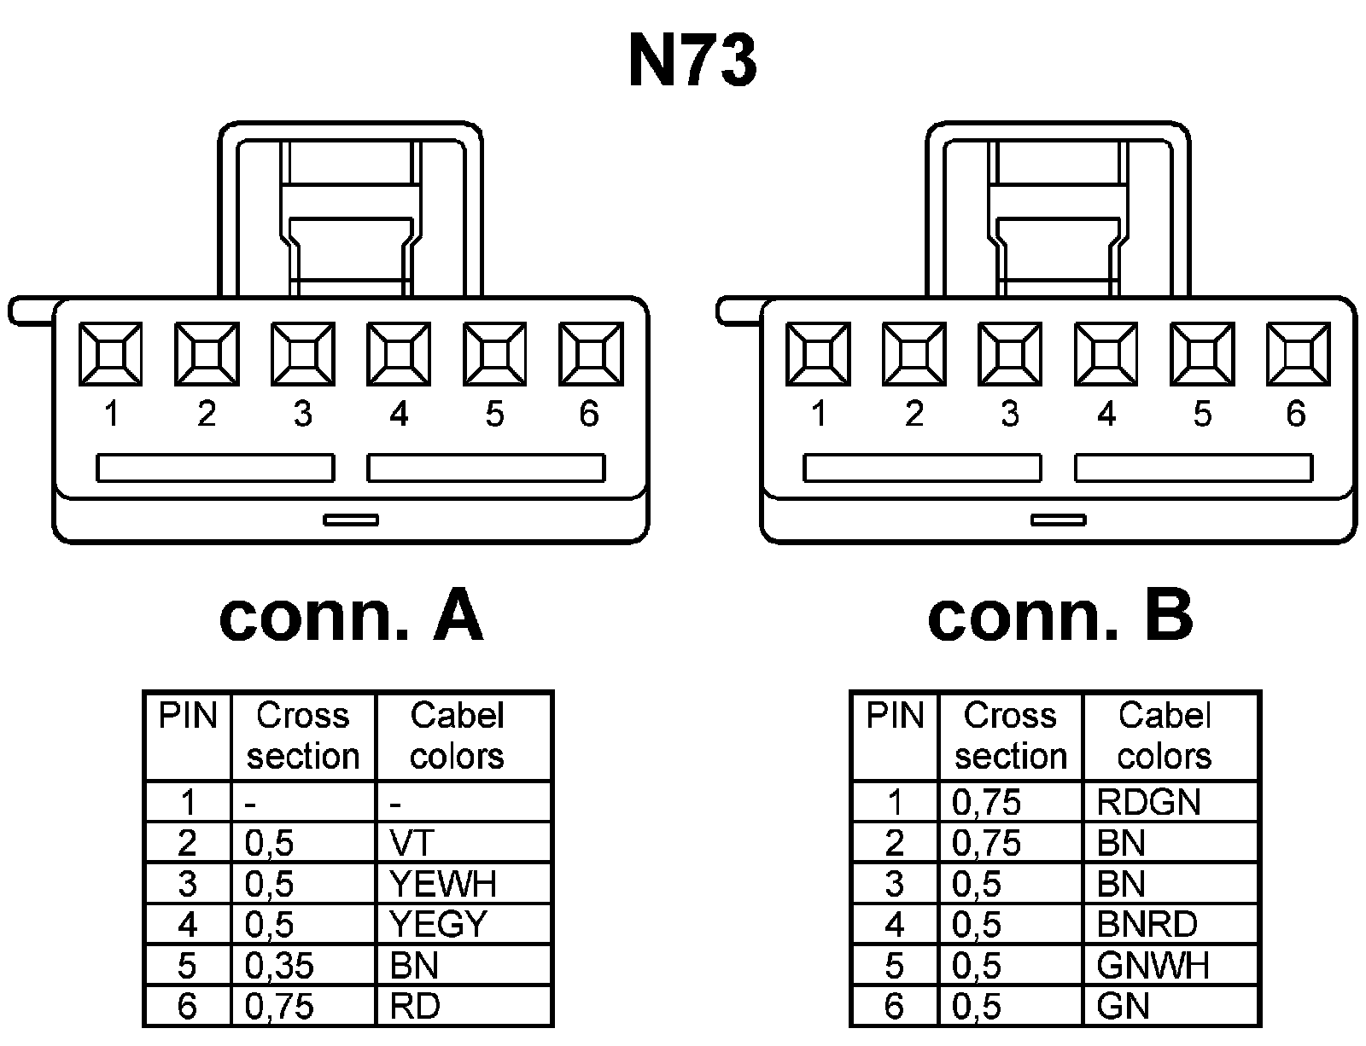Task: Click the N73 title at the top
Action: click(x=692, y=61)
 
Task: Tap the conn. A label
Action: click(x=351, y=616)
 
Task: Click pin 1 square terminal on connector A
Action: click(x=111, y=353)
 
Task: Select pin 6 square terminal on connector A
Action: click(x=590, y=353)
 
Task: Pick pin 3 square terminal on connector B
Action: click(x=1010, y=353)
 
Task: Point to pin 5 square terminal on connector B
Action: click(x=1202, y=353)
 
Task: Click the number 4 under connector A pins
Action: click(x=399, y=415)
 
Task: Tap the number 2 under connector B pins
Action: click(x=914, y=415)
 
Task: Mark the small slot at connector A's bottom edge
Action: click(x=351, y=519)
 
